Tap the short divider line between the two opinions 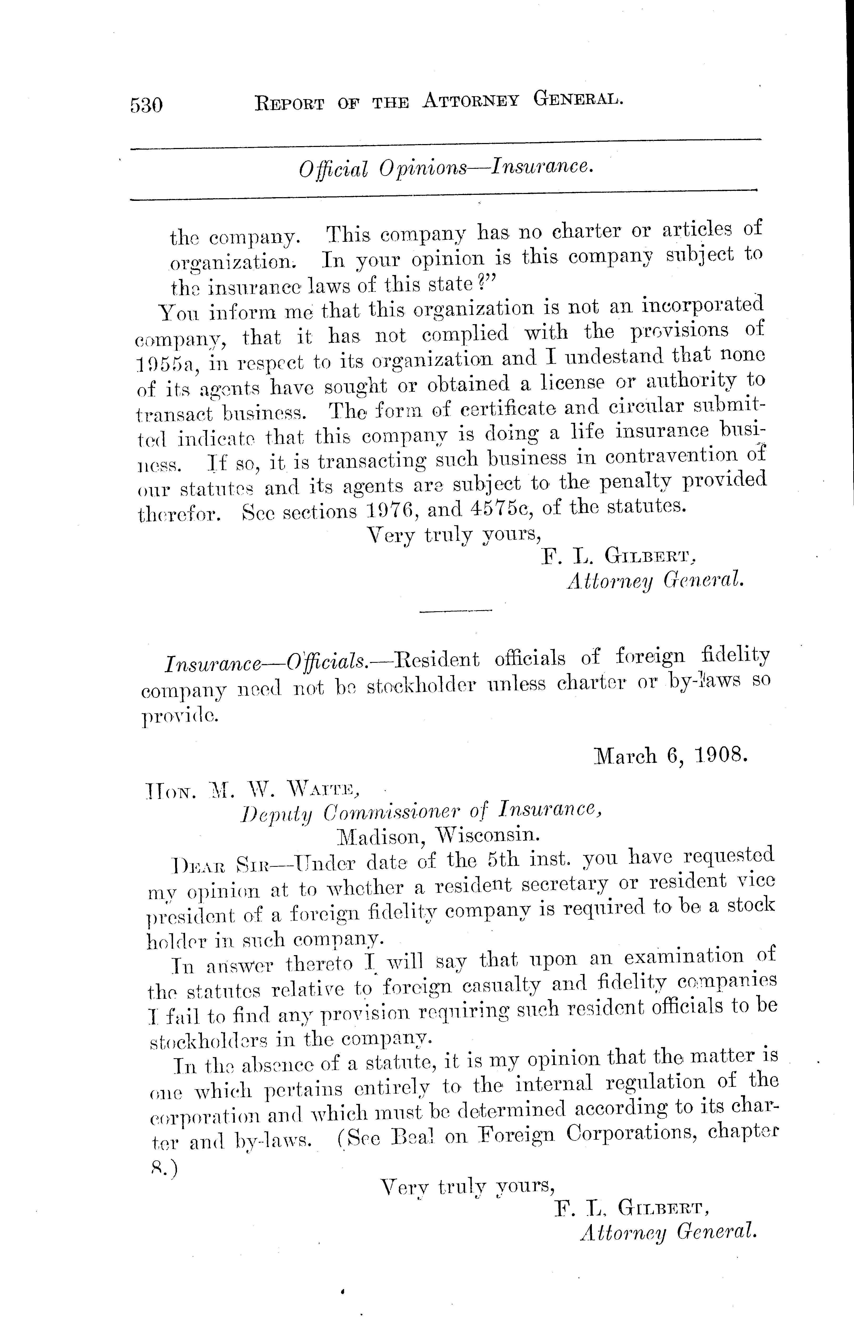coord(456,611)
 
